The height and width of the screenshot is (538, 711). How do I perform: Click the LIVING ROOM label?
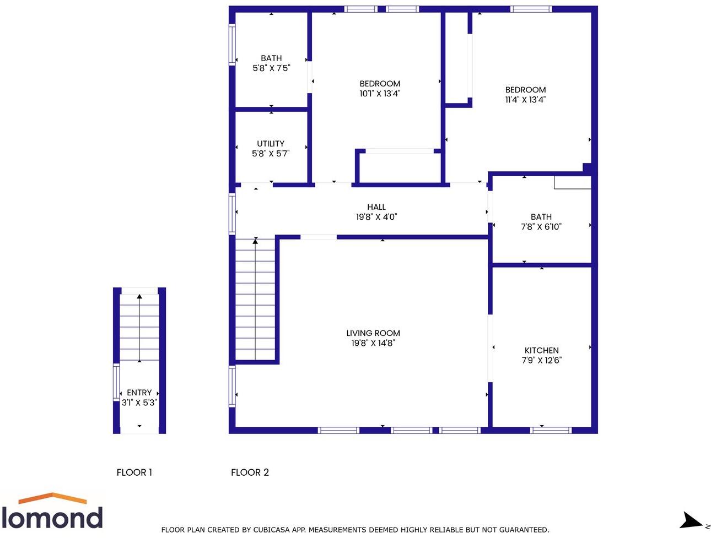373,333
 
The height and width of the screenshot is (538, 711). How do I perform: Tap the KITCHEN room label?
541,350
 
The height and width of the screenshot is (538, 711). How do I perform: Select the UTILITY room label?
271,144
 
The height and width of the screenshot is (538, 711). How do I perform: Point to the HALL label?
376,207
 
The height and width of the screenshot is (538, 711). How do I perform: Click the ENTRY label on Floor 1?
139,393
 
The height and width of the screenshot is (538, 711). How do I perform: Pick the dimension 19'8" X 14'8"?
373,343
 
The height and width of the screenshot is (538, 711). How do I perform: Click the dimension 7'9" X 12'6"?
541,360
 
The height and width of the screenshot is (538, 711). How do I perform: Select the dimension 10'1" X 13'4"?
380,94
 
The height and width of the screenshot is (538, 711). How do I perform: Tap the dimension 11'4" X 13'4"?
525,100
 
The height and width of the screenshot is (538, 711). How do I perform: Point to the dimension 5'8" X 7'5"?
271,68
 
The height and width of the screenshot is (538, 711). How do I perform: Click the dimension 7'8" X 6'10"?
541,226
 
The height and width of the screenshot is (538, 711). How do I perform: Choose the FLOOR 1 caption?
134,472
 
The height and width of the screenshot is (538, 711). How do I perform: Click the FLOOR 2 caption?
250,472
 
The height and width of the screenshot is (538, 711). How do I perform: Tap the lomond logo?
52,512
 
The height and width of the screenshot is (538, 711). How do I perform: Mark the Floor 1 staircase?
139,328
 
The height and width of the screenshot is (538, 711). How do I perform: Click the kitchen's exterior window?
551,430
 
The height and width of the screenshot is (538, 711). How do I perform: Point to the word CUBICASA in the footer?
274,530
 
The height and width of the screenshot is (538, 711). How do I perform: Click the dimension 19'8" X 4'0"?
376,217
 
